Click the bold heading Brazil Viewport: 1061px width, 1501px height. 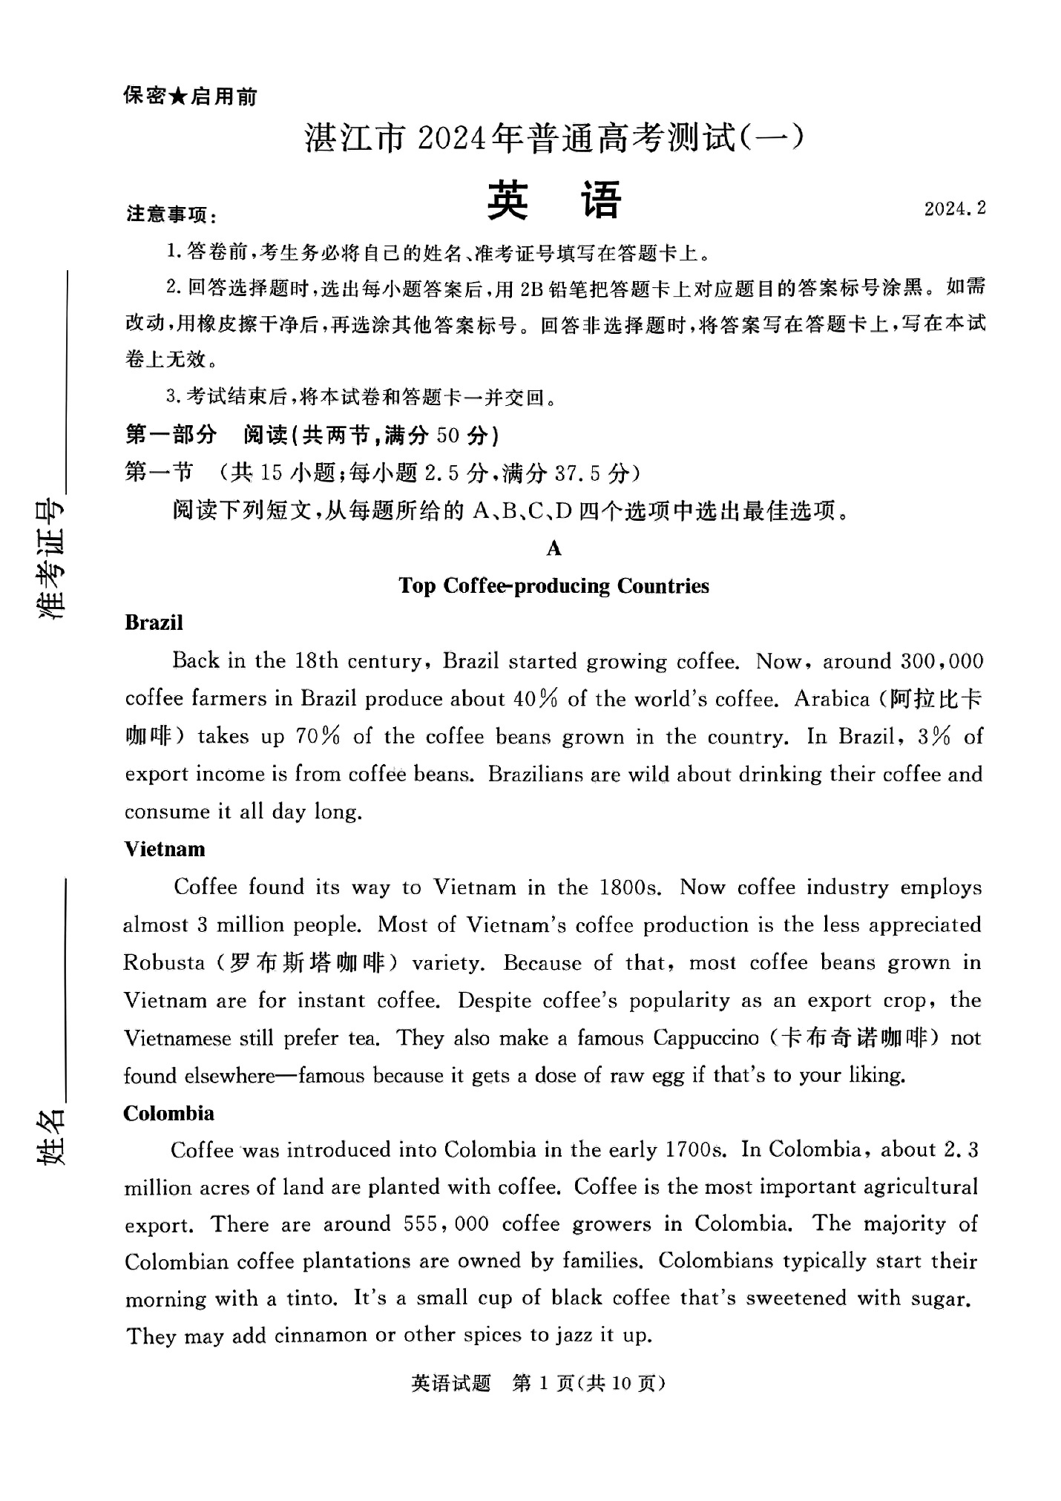pos(154,622)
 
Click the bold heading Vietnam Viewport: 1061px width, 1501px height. pos(164,848)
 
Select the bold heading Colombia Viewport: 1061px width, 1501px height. pos(168,1112)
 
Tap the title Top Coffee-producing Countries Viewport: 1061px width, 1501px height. pos(554,585)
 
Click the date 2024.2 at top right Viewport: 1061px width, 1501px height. pos(954,208)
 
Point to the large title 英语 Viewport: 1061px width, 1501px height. pos(554,200)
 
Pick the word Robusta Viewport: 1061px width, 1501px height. pos(164,962)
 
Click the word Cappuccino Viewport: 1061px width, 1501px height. pos(705,1037)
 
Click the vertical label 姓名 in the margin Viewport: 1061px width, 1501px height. pos(50,1137)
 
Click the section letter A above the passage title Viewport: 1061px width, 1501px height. pos(554,548)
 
